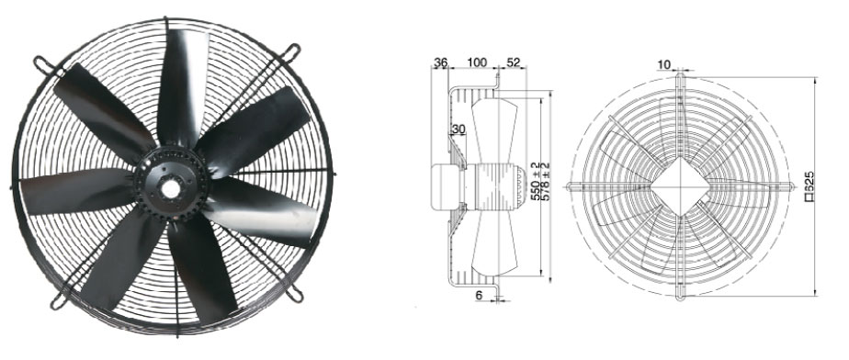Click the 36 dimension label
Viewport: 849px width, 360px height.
click(441, 62)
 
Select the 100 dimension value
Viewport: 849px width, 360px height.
click(477, 62)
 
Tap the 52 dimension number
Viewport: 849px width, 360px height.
click(513, 62)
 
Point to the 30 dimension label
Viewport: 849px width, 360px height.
click(458, 129)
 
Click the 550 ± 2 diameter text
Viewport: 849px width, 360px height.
click(535, 181)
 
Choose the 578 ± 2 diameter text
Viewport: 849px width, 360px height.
click(545, 181)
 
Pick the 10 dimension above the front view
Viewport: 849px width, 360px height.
click(663, 65)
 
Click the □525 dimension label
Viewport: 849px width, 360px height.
click(809, 186)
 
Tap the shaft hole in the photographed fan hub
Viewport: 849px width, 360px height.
click(171, 189)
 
